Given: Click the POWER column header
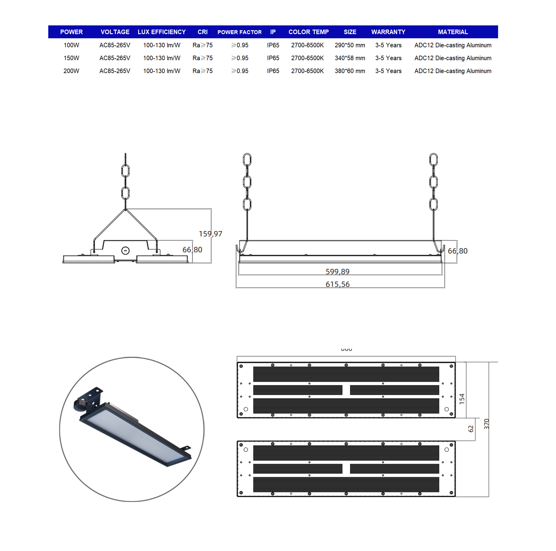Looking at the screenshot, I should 71,32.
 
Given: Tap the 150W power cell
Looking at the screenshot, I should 71,58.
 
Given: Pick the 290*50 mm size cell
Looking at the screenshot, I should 350,45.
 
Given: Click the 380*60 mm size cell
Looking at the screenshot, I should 350,71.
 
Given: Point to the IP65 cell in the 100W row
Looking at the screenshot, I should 273,45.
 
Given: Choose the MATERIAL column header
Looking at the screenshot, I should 453,32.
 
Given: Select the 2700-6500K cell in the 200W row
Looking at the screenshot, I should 307,71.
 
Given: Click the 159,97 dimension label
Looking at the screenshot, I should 210,234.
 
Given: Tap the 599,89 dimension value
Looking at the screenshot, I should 337,271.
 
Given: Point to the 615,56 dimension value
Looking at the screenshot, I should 337,284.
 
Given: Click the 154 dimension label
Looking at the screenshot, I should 462,399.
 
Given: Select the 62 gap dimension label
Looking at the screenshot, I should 471,429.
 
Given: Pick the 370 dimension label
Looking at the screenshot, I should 486,424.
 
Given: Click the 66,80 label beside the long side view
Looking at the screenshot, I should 457,251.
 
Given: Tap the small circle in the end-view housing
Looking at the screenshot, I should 125,250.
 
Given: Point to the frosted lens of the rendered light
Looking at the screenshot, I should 135,434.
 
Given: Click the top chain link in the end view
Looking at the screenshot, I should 125,171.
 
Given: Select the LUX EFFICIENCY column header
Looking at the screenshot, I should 161,32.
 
